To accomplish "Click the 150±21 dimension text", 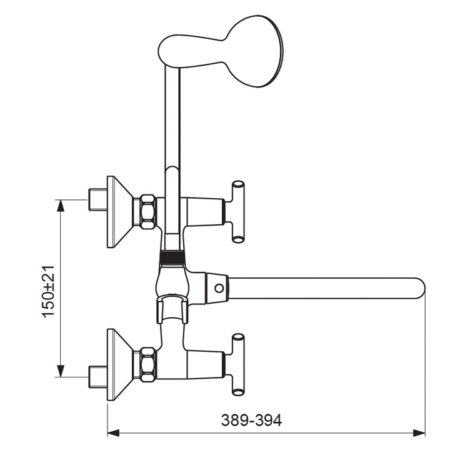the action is pyautogui.click(x=49, y=292).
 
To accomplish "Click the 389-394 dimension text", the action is pyautogui.click(x=251, y=420).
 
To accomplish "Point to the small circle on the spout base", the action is pyautogui.click(x=219, y=288).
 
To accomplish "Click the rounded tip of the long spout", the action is pyautogui.click(x=421, y=288).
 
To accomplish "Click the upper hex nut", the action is pyautogui.click(x=148, y=212).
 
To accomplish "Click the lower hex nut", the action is pyautogui.click(x=148, y=364).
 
